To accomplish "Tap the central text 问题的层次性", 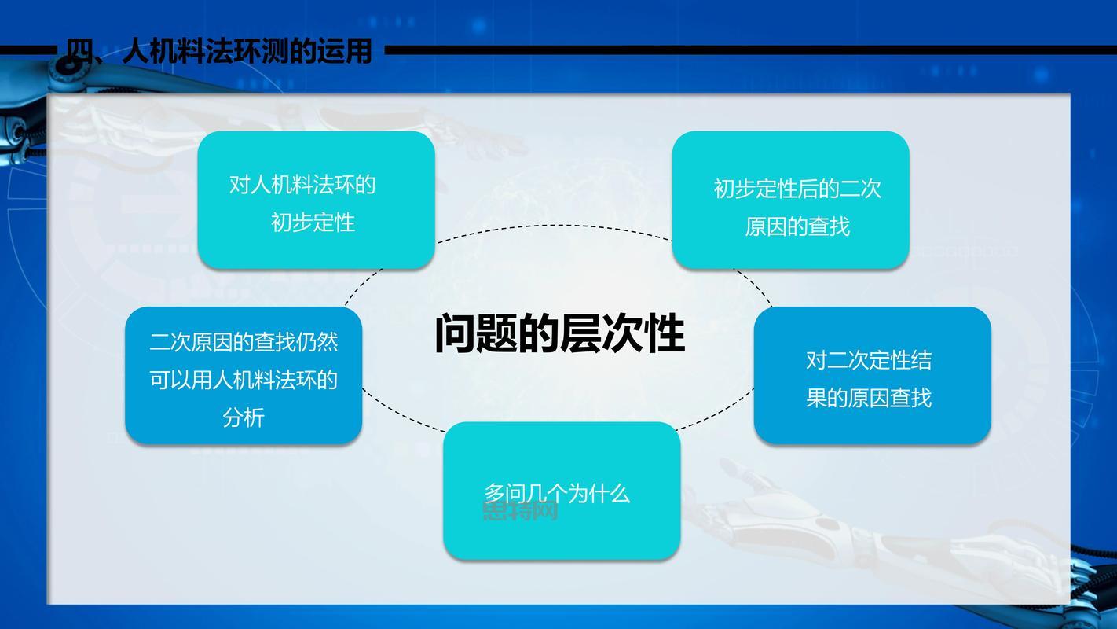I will point(559,334).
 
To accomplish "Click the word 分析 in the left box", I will point(244,417).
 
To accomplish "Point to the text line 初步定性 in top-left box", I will point(313,223).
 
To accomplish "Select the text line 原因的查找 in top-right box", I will point(797,226).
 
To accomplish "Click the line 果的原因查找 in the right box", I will point(869,398).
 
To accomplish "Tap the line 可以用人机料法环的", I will point(244,380).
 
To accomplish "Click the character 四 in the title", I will point(79,51).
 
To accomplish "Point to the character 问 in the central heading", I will point(455,334).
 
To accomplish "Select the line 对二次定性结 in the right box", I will point(869,360).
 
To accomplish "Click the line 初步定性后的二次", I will point(797,189).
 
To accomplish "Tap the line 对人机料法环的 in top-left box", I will point(302,185).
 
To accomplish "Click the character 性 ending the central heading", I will point(665,334).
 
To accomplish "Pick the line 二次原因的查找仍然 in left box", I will point(244,342).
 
